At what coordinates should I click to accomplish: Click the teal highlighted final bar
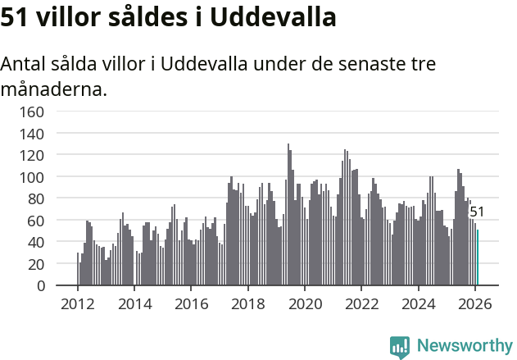tap(478, 257)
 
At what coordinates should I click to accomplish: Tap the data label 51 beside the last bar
tap(477, 212)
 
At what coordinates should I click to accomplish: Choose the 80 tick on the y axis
tap(35, 198)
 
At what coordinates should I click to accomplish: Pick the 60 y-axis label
tap(35, 221)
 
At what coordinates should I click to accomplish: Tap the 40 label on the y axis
tap(35, 243)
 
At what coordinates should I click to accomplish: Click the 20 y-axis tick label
tap(35, 264)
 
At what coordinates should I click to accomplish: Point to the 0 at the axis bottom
tap(39, 286)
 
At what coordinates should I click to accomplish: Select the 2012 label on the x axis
tap(78, 303)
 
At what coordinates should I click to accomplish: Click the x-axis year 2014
tap(134, 303)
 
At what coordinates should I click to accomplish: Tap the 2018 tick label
tap(247, 303)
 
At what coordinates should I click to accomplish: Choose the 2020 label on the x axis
tap(304, 303)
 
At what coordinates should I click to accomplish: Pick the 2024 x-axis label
tap(418, 303)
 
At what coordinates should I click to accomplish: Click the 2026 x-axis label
tap(474, 303)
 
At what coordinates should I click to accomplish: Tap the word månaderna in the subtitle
tap(54, 89)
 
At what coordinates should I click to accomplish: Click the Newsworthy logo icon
tap(400, 347)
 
